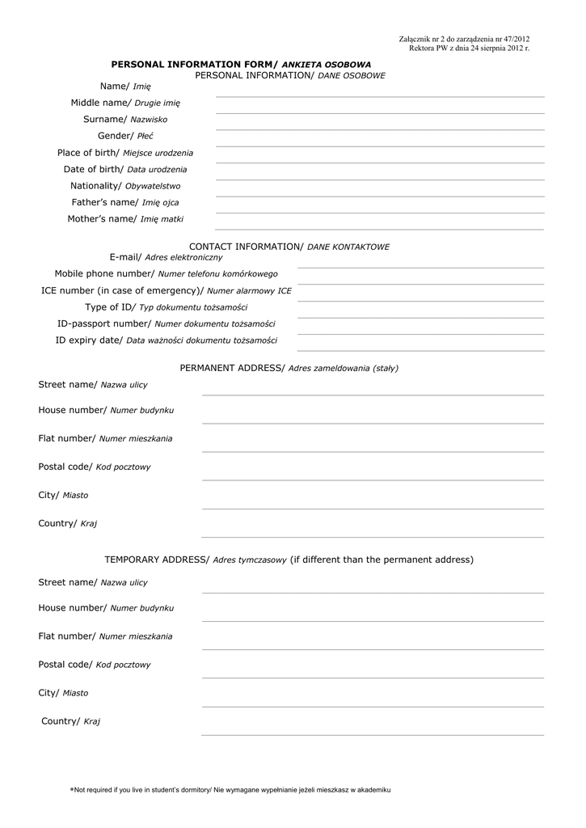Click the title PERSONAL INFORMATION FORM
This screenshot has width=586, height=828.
[241, 64]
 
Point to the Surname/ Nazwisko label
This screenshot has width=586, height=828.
[125, 120]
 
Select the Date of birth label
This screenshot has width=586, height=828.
[125, 170]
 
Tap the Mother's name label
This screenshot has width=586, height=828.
[125, 219]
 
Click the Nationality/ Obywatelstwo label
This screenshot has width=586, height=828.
[125, 186]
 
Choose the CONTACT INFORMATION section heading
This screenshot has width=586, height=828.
[289, 247]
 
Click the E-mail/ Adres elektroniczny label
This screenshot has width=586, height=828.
[166, 257]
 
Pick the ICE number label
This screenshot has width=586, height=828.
[167, 290]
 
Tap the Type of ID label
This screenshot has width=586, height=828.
[167, 307]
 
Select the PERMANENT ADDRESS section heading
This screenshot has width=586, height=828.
[289, 368]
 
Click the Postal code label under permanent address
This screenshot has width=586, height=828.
[95, 467]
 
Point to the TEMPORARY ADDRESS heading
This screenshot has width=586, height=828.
[289, 560]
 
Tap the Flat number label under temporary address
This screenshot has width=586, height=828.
[105, 636]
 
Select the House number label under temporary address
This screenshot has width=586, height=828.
[106, 608]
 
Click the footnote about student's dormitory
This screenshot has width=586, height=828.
[230, 789]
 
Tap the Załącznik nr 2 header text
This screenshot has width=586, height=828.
[464, 40]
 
